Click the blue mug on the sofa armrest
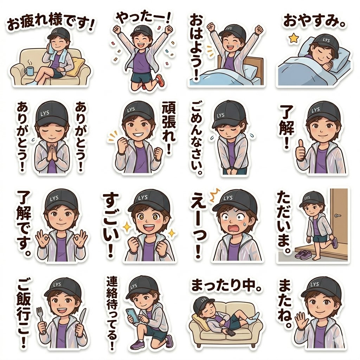[x=28, y=71]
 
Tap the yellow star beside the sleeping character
[x=292, y=38]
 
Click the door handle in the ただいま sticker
[x=337, y=215]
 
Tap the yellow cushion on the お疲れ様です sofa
[x=78, y=67]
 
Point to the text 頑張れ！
[x=170, y=128]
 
